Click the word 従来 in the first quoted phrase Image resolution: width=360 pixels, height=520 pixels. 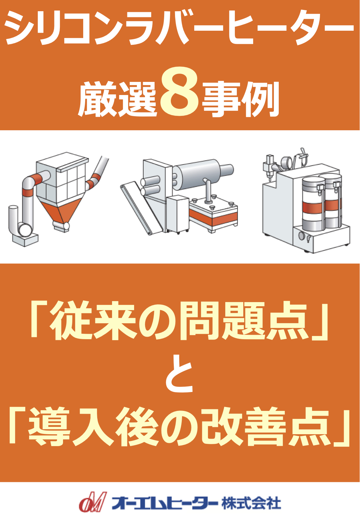pyautogui.click(x=93, y=321)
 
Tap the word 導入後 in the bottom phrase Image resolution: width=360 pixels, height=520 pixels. pyautogui.click(x=93, y=427)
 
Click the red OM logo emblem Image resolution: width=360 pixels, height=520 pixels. pyautogui.click(x=92, y=502)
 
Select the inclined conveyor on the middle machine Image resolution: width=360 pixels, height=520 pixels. pyautogui.click(x=141, y=208)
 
